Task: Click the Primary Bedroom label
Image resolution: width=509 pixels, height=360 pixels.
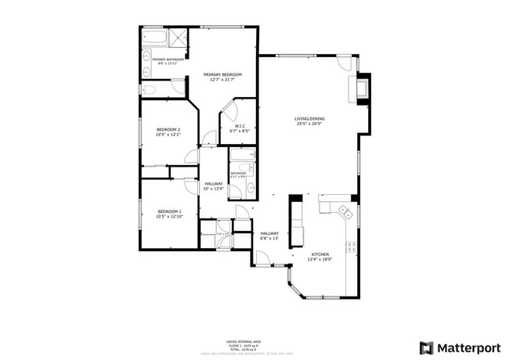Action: pyautogui.click(x=222, y=74)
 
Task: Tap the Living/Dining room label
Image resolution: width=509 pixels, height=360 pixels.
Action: pyautogui.click(x=309, y=117)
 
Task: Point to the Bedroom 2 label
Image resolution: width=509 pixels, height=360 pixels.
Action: pyautogui.click(x=168, y=129)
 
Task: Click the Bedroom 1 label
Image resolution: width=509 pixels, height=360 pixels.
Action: pyautogui.click(x=170, y=212)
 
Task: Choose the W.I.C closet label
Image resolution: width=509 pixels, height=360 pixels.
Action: pyautogui.click(x=241, y=126)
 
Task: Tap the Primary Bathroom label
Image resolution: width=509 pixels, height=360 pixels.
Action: pyautogui.click(x=168, y=59)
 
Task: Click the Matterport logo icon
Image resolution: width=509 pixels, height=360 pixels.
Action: pyautogui.click(x=428, y=347)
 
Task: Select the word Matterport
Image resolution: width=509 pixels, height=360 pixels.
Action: pyautogui.click(x=468, y=347)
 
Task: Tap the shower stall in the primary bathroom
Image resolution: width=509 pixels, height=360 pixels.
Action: pyautogui.click(x=178, y=36)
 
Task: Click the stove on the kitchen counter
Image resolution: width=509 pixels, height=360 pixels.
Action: pyautogui.click(x=352, y=247)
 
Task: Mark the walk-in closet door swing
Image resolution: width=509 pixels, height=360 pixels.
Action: pyautogui.click(x=229, y=112)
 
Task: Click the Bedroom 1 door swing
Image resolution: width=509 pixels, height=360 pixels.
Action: pyautogui.click(x=191, y=185)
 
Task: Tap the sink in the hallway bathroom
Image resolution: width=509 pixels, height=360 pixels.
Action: pyautogui.click(x=250, y=167)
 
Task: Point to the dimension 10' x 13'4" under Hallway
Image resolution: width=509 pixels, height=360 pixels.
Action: pyautogui.click(x=213, y=189)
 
